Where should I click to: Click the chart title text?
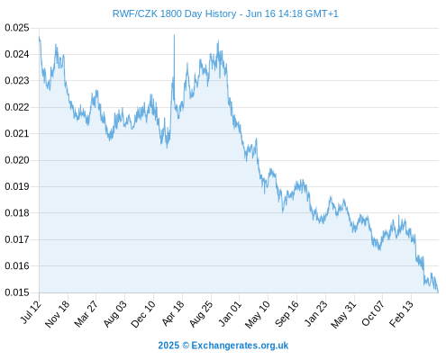[x=225, y=13]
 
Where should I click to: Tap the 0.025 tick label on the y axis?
[x=17, y=28]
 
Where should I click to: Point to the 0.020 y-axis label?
[x=17, y=160]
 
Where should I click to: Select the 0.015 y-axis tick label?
[x=17, y=292]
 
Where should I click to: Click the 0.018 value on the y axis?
[x=17, y=213]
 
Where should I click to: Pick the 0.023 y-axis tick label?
[x=17, y=81]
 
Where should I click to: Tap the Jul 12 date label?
[x=31, y=312]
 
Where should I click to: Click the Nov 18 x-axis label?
[x=57, y=314]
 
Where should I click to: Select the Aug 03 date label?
[x=115, y=313]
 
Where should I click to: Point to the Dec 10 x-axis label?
[x=143, y=314]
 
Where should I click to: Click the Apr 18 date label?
[x=173, y=313]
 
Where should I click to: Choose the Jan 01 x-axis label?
[x=230, y=313]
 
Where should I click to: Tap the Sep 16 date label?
[x=287, y=313]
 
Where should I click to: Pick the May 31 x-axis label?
[x=343, y=314]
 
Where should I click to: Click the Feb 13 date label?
[x=401, y=313]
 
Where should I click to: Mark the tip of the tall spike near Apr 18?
[x=174, y=35]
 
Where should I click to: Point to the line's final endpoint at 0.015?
[x=438, y=292]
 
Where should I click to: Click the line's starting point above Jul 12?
[x=39, y=37]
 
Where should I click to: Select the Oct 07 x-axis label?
[x=373, y=313]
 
